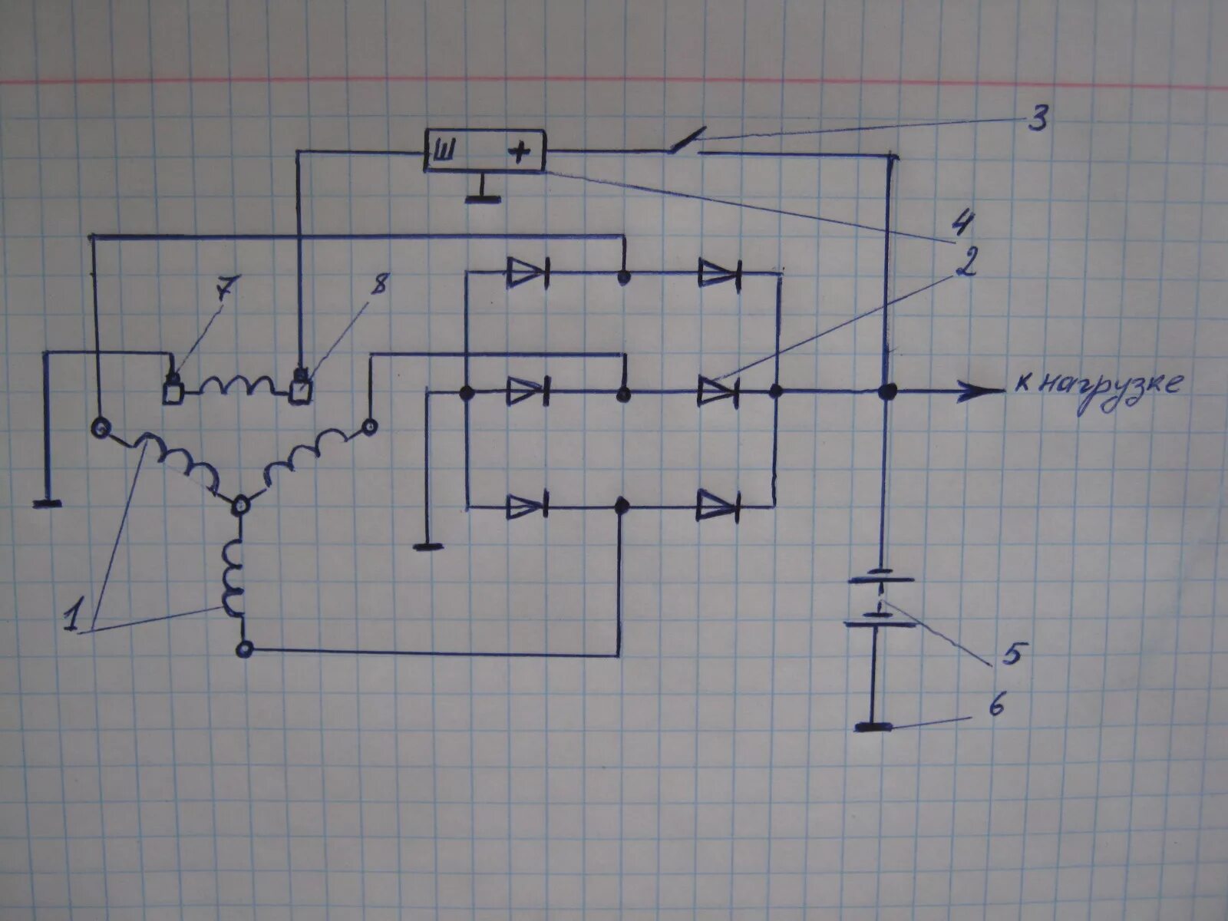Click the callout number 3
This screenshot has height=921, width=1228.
click(1037, 120)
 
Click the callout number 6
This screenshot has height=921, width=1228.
click(995, 705)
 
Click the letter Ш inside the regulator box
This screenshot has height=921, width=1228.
click(444, 152)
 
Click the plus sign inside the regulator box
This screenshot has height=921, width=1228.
click(520, 153)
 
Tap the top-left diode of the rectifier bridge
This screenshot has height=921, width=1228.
click(527, 272)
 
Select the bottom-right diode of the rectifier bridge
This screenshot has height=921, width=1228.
click(718, 507)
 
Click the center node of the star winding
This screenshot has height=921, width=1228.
click(241, 504)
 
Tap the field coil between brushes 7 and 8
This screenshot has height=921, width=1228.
click(238, 385)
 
